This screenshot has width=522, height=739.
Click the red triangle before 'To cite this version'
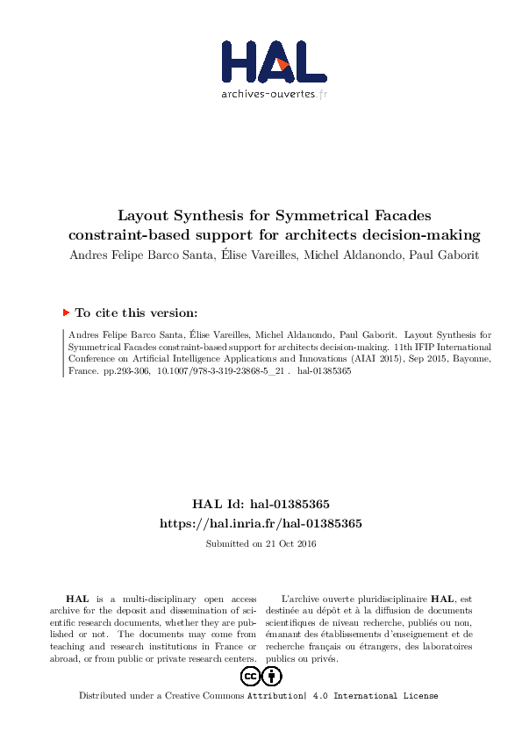pyautogui.click(x=66, y=312)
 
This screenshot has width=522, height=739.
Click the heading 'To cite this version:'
pyautogui.click(x=136, y=312)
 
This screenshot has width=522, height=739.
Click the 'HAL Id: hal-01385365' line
pyautogui.click(x=261, y=505)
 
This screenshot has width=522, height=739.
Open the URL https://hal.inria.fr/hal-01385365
pyautogui.click(x=261, y=523)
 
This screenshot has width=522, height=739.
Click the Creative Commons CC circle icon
pyautogui.click(x=250, y=676)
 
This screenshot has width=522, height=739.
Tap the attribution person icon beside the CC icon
pyautogui.click(x=273, y=676)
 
